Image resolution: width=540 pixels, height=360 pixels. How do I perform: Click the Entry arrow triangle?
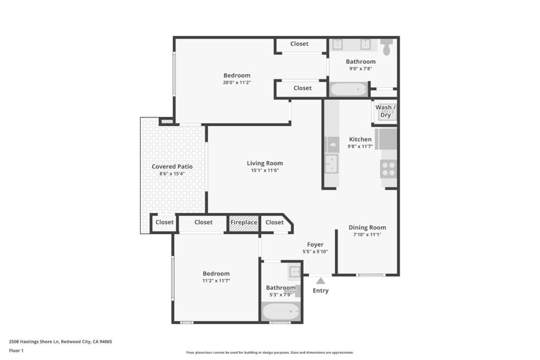[x=321, y=281]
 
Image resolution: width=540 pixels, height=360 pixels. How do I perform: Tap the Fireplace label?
[x=244, y=222]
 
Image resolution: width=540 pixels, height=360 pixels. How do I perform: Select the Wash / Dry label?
[x=385, y=111]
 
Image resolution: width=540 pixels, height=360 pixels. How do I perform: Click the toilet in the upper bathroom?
[x=387, y=47]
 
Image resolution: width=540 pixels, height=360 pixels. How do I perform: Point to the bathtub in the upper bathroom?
[x=348, y=89]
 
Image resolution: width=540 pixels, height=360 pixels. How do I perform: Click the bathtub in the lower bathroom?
[x=281, y=312]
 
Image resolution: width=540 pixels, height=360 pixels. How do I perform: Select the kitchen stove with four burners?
[x=389, y=169]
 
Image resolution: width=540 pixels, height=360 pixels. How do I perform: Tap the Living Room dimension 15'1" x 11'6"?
[x=265, y=170]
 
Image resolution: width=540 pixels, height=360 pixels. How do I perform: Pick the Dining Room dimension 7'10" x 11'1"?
[x=367, y=235]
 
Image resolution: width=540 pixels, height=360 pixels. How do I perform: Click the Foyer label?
[x=315, y=245]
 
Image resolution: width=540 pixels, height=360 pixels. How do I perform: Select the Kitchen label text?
[x=360, y=139]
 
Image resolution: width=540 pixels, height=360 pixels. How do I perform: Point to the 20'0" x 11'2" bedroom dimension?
[x=236, y=82]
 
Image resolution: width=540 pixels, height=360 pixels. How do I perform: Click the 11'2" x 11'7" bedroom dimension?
[x=216, y=280]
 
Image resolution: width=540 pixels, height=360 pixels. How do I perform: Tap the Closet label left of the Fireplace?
[x=203, y=222]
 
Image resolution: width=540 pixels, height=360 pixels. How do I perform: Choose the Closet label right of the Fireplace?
[x=274, y=222]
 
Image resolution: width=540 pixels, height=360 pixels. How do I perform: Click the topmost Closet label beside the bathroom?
[x=299, y=44]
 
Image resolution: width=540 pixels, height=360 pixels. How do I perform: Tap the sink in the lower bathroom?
[x=294, y=272]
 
